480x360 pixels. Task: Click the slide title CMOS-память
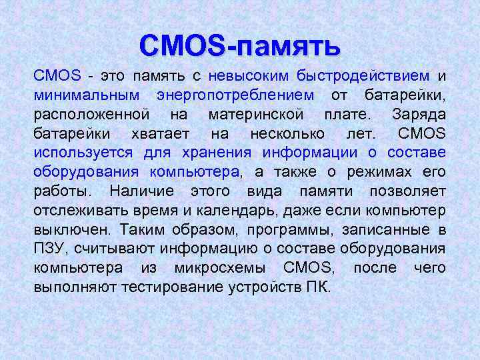[x=240, y=45]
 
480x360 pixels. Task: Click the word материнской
[x=255, y=114]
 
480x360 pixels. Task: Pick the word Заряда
[x=419, y=114]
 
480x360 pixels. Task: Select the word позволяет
[x=407, y=191]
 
